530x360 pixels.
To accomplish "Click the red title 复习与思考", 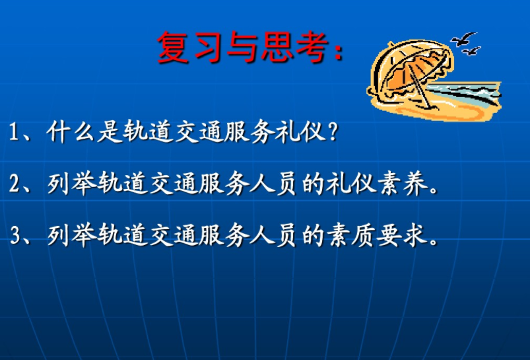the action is tap(251, 47).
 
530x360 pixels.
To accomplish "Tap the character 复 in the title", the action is tap(173, 47).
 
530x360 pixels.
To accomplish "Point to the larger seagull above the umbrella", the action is tap(464, 39).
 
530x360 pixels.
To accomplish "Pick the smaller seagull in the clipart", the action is tap(471, 52).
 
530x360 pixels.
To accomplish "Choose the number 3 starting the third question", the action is tap(16, 236).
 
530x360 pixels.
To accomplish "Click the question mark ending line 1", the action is tap(333, 131).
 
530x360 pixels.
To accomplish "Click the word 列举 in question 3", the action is tap(72, 235).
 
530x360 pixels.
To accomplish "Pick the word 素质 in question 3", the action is tap(351, 235).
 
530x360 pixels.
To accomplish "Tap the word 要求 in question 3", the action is tap(402, 235).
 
